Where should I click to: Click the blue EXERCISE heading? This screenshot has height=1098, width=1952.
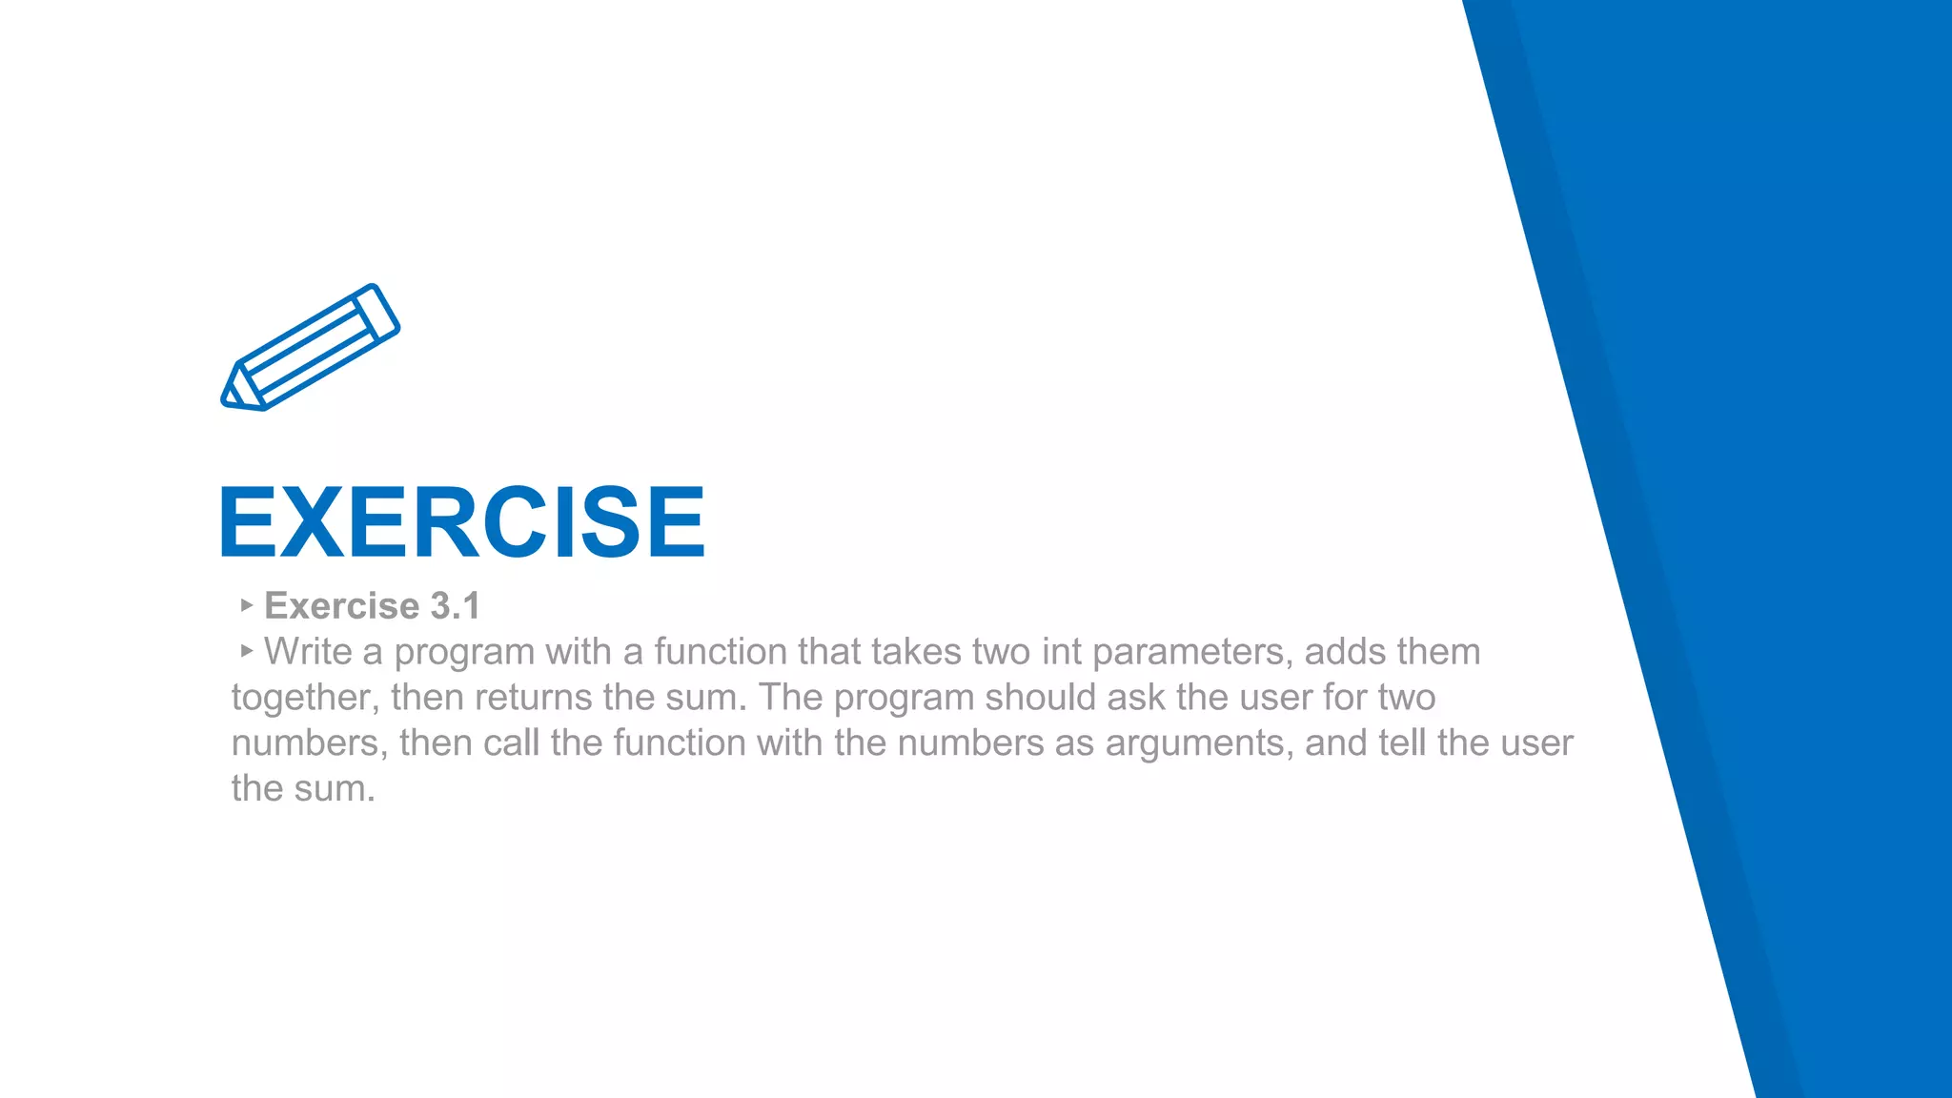[462, 521]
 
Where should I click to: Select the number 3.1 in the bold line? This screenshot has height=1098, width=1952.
[455, 606]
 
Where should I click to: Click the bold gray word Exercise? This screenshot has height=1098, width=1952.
[341, 606]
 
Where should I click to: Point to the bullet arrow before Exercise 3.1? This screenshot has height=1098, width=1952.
[246, 604]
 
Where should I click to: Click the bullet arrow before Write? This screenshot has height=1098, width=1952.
[246, 650]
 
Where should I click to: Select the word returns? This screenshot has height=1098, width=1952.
[533, 698]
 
